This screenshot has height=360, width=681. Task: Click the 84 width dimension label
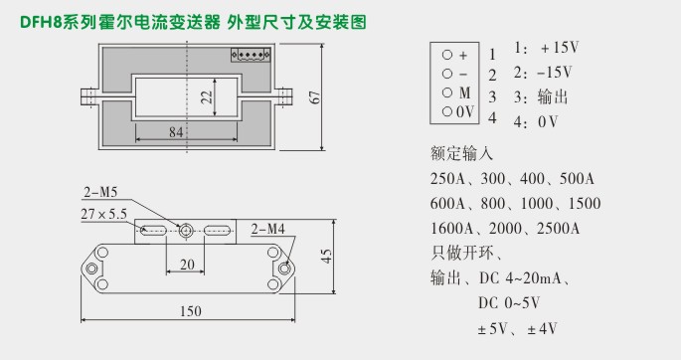coord(177,130)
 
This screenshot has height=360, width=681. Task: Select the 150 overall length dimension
coord(191,311)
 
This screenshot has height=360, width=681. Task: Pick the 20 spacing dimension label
coord(186,265)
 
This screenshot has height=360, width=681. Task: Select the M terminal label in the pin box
coord(462,92)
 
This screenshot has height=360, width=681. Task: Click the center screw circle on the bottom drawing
coord(186,231)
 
